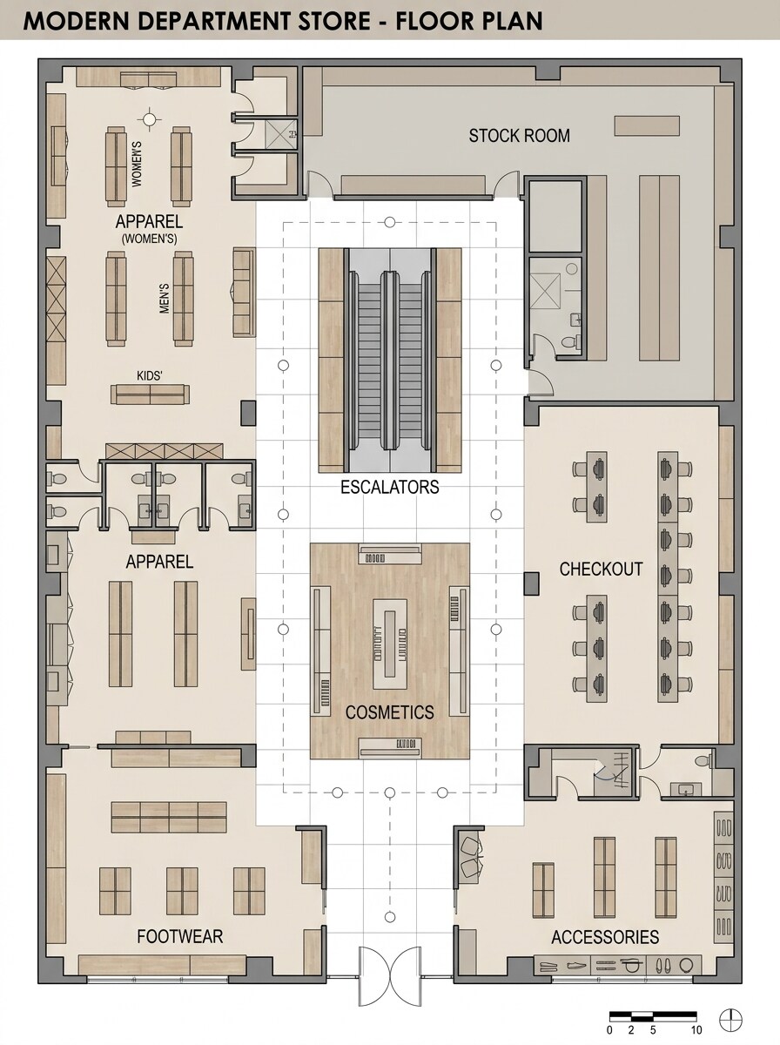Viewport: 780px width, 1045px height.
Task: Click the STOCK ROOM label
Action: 519,136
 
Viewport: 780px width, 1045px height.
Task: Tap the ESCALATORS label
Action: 389,487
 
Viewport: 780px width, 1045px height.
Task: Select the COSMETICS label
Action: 389,712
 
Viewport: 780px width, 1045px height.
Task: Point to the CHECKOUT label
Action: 601,570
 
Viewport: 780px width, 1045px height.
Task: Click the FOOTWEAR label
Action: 179,937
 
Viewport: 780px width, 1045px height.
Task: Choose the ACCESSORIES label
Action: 604,938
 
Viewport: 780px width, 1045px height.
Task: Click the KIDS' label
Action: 150,375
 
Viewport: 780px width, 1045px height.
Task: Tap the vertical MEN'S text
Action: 164,298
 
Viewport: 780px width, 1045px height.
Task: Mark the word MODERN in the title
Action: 79,21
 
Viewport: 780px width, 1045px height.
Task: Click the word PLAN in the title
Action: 512,21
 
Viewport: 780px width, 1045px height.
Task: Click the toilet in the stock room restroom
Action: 569,342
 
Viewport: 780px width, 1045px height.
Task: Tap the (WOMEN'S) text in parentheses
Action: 149,238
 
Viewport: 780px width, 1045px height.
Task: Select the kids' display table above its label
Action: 150,394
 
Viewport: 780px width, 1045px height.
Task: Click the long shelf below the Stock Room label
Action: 413,185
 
